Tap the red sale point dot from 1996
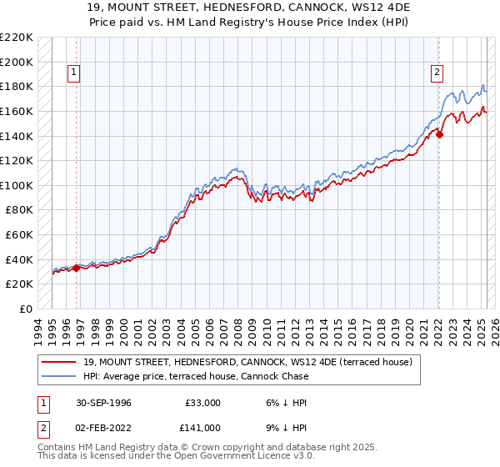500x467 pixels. tap(76, 268)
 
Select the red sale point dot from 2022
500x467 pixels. tap(439, 134)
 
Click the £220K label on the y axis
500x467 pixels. tap(17, 38)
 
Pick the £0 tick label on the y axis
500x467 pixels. tap(26, 309)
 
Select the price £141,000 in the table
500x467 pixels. tap(202, 428)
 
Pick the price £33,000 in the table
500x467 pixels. tap(202, 403)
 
